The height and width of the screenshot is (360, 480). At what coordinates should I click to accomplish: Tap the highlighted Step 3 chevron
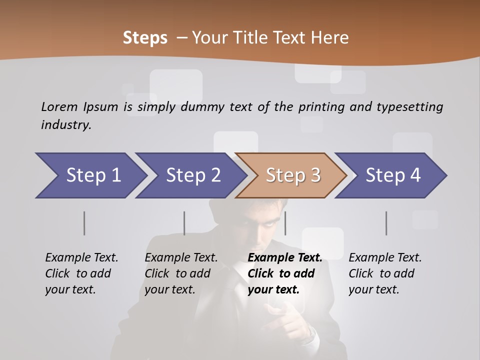(292, 175)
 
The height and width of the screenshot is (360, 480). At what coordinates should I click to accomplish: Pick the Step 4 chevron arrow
(392, 175)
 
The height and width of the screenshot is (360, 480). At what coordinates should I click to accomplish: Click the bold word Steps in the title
(145, 37)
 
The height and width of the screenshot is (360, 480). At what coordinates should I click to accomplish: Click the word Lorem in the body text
(59, 106)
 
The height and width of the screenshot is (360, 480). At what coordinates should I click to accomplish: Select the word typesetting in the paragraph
(409, 106)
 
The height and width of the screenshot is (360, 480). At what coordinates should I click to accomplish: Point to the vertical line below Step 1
(84, 223)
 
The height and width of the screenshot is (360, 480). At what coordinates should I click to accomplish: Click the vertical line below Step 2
(184, 223)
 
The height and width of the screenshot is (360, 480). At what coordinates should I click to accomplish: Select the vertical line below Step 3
(285, 223)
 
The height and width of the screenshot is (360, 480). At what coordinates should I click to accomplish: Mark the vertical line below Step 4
(386, 223)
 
